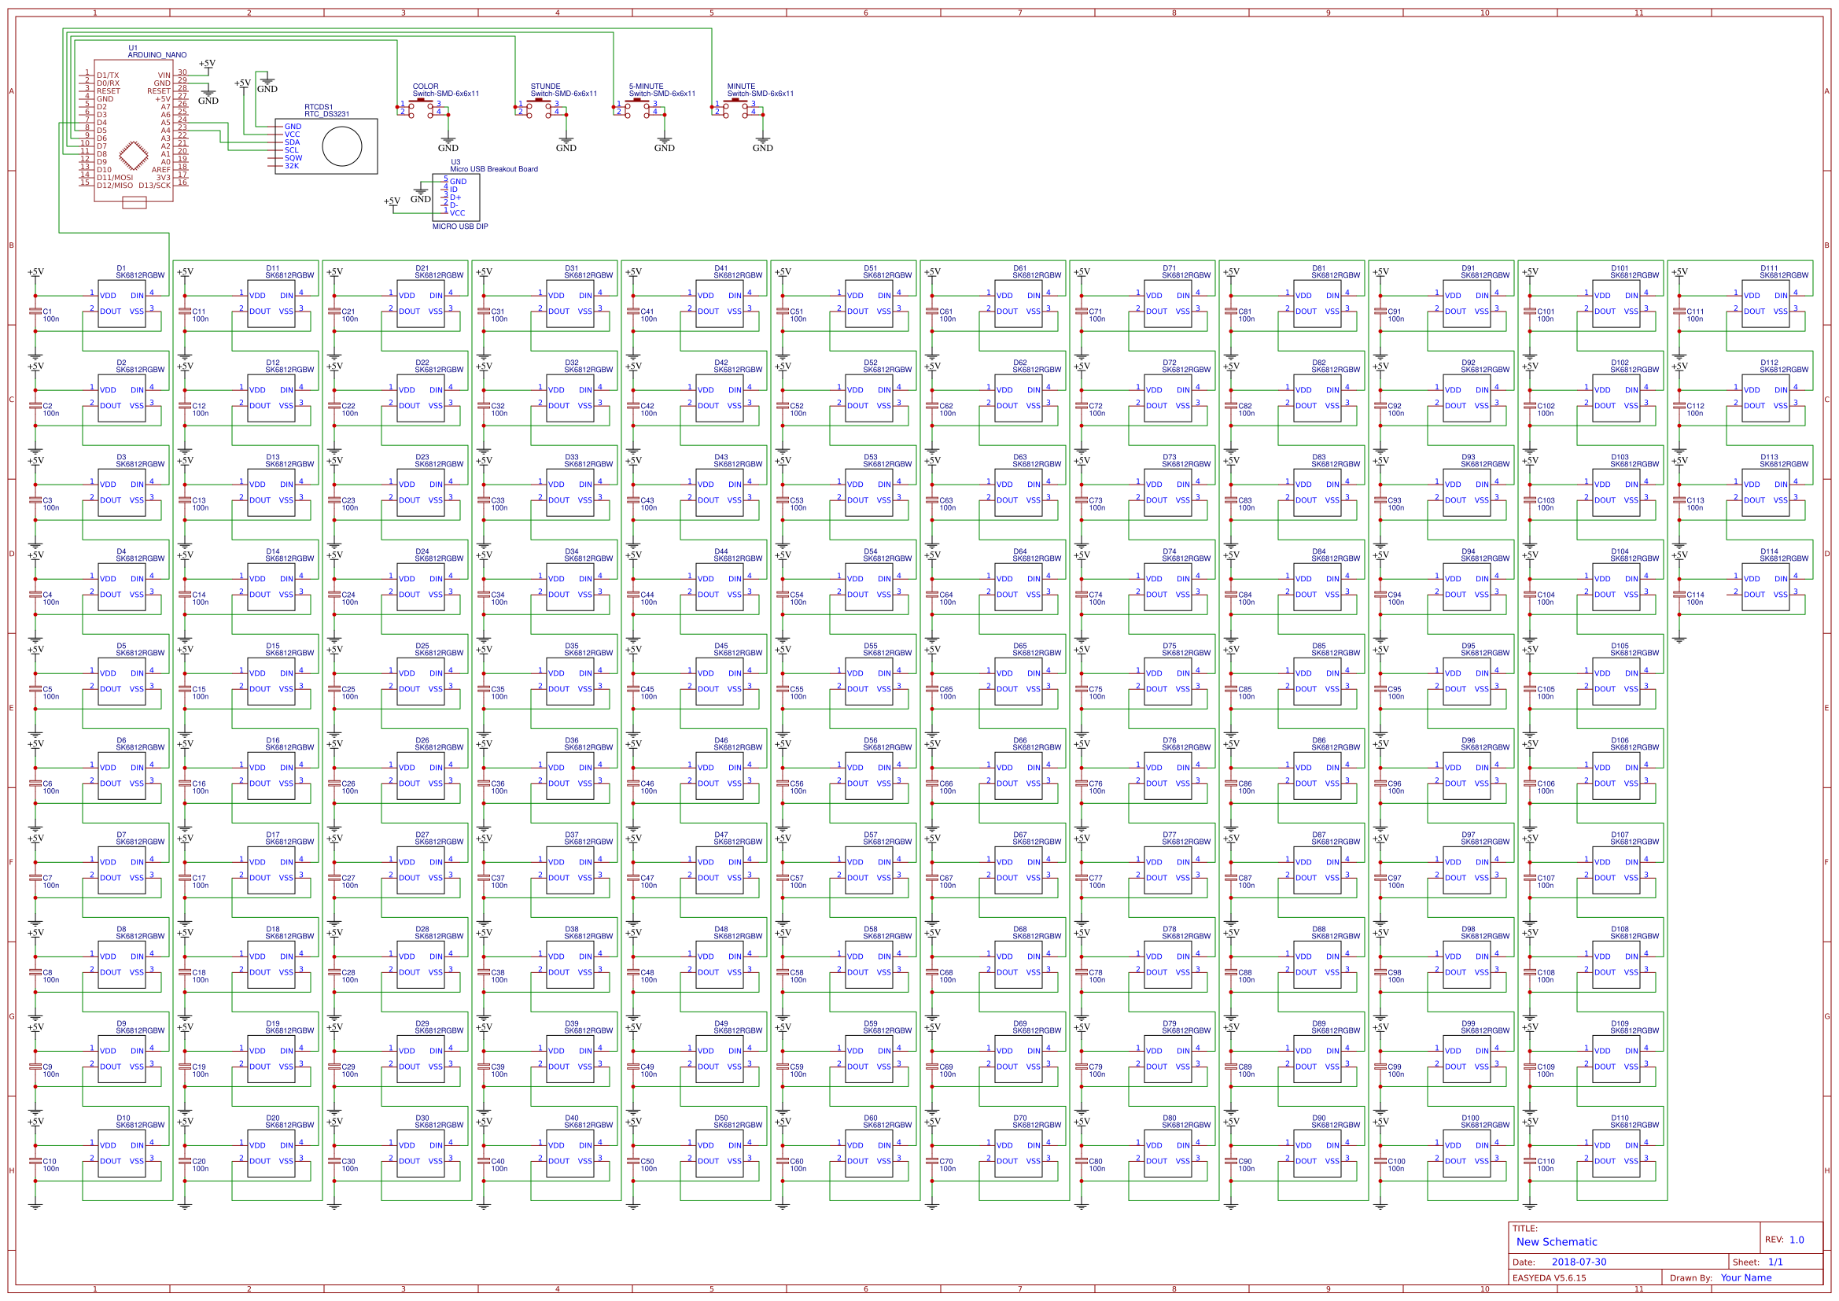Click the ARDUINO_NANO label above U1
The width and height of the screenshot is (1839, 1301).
(x=157, y=55)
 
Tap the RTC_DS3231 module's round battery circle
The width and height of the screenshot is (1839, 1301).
(x=342, y=146)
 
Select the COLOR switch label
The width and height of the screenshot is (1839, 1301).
(x=426, y=87)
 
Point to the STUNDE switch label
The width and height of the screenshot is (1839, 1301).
(x=545, y=87)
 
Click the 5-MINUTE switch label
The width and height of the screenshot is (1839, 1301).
(x=646, y=87)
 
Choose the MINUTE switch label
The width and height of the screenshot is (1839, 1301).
(x=741, y=87)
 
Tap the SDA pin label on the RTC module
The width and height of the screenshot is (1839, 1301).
(x=293, y=142)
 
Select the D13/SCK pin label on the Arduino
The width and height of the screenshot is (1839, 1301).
(x=155, y=186)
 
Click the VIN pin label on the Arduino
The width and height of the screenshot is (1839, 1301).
(x=164, y=76)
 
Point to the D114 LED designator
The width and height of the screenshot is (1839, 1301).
(x=1768, y=552)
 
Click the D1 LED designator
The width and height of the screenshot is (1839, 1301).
(x=121, y=268)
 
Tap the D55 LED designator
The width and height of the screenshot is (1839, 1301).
(x=870, y=646)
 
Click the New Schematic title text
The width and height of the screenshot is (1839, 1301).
(x=1557, y=1242)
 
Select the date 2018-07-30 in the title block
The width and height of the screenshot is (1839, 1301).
(x=1579, y=1262)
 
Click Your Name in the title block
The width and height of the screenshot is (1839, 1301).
(x=1745, y=1277)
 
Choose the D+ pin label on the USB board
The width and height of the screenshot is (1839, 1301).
(x=455, y=197)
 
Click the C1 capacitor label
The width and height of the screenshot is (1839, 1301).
(x=47, y=311)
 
